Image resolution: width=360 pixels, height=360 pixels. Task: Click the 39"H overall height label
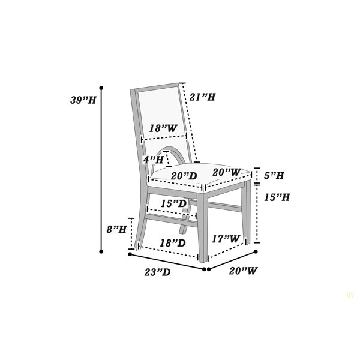[x=83, y=100]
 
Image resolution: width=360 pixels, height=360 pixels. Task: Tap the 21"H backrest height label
[x=202, y=97]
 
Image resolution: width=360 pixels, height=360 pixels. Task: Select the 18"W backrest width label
[x=163, y=128]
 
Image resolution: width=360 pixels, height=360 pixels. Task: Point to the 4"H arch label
[x=154, y=160]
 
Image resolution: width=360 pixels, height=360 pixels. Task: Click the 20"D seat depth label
[x=184, y=176]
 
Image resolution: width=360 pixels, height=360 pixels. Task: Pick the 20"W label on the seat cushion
[x=227, y=172]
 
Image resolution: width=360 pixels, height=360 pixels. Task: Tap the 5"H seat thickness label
[x=274, y=176]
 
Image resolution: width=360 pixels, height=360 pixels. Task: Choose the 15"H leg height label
[x=277, y=197]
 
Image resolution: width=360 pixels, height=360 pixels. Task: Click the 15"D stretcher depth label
[x=173, y=203]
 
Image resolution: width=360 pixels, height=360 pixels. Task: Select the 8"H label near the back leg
[x=116, y=229]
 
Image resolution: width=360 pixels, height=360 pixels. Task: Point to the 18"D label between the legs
[x=173, y=243]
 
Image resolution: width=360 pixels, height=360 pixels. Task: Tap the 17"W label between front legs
[x=226, y=239]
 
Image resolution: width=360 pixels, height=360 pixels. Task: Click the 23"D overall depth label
[x=157, y=272]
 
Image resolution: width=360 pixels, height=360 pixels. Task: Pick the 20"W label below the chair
[x=244, y=271]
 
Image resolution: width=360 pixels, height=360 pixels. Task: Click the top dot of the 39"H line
[x=101, y=88]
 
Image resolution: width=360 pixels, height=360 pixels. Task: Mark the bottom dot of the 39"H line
[x=101, y=251]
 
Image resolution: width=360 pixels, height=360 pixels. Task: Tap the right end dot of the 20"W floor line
[x=256, y=251]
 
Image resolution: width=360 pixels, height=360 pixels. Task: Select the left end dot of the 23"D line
[x=130, y=254]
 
